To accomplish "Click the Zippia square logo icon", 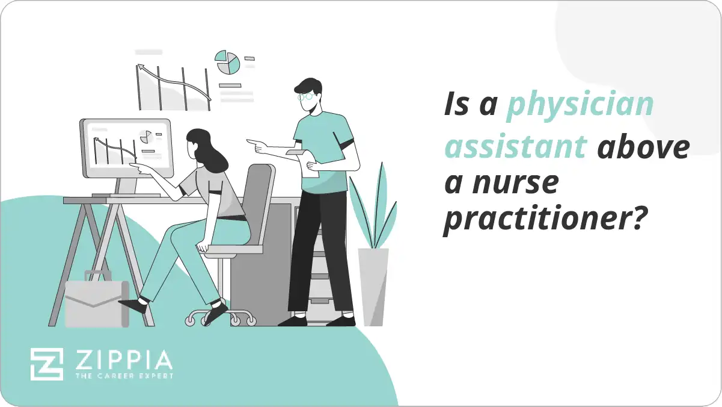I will pos(46,364).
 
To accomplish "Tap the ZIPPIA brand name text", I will pos(123,361).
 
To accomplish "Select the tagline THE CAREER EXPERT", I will pos(123,376).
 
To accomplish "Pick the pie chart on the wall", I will pos(228,63).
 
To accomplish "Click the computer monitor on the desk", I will pos(126,148).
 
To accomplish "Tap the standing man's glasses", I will pos(306,96).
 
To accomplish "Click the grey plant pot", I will pos(373,287).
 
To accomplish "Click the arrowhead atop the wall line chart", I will pos(141,68).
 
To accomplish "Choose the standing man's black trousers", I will pos(322,253).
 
